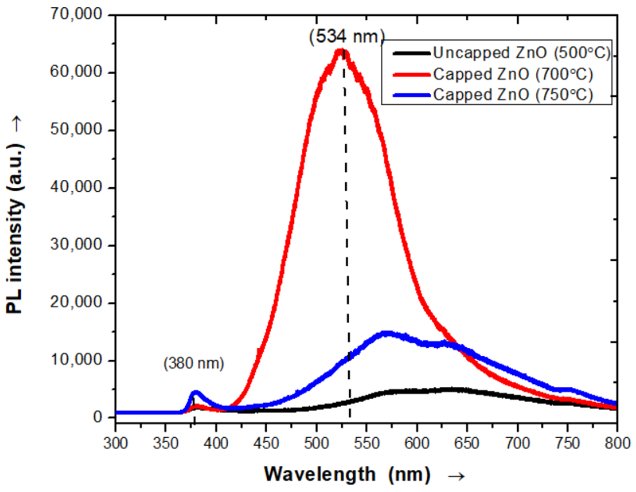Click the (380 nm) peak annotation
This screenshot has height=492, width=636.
[x=194, y=364]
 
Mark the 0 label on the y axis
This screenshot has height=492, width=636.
[x=97, y=417]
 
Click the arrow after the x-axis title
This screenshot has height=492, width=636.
[x=456, y=475]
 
